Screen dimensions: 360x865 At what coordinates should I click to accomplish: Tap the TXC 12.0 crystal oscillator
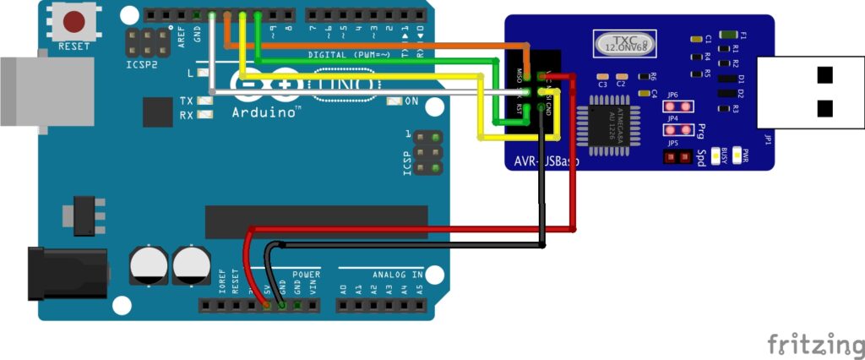tap(624, 43)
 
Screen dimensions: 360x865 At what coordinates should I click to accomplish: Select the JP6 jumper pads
tap(672, 107)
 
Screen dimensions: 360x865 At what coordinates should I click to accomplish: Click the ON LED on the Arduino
tap(393, 101)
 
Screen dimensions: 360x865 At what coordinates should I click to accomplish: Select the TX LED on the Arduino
tap(204, 101)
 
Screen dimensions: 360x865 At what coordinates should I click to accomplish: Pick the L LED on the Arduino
tap(204, 74)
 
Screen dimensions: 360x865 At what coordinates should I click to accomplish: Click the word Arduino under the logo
tap(264, 112)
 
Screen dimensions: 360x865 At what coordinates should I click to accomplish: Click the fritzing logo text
tap(814, 345)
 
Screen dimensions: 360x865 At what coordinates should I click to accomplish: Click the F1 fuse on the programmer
tap(732, 36)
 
